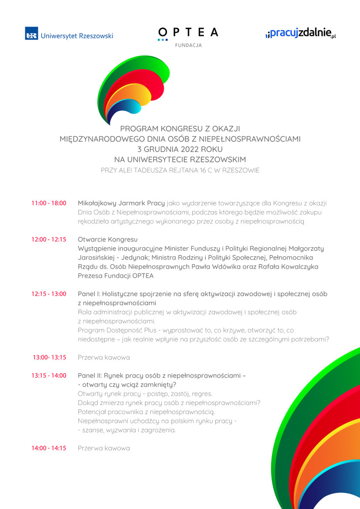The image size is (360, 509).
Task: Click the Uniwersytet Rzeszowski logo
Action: (x=69, y=35)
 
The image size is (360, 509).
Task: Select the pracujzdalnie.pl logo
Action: (x=301, y=34)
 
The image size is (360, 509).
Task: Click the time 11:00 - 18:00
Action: (x=49, y=203)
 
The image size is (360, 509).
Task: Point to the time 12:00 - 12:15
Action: (x=49, y=239)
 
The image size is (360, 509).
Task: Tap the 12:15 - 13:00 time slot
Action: (x=49, y=294)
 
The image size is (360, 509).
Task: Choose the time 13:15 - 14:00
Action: (x=49, y=375)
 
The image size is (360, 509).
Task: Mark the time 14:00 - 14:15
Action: (x=49, y=448)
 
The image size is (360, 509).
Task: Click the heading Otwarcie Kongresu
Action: (x=108, y=239)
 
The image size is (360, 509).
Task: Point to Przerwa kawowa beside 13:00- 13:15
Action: (x=103, y=357)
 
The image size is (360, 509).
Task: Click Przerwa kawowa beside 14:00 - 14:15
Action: (x=103, y=448)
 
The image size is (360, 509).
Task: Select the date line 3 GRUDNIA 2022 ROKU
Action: (x=180, y=149)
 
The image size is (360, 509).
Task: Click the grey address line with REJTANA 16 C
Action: (x=180, y=170)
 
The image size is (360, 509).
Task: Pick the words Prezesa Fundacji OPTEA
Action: (x=116, y=276)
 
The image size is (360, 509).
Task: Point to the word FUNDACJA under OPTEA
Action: (x=188, y=45)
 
